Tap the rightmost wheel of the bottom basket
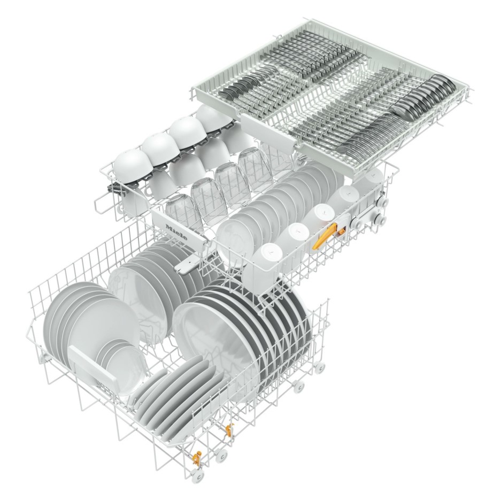pos(320,367)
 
